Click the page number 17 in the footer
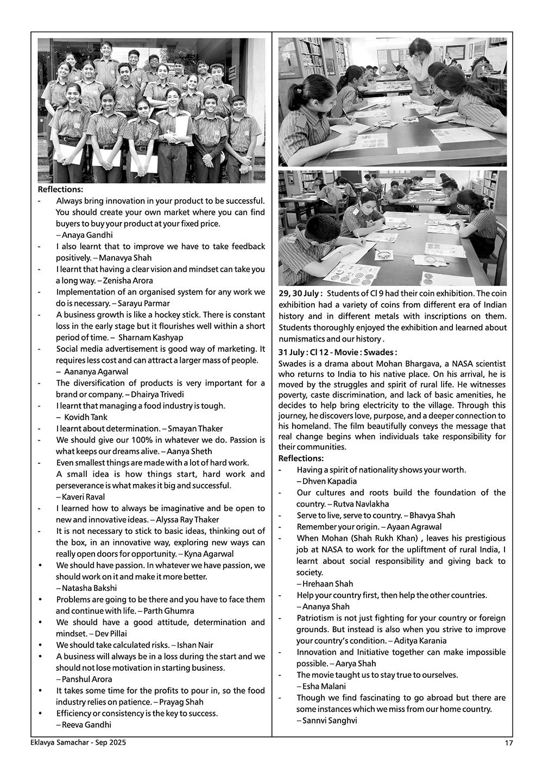pyautogui.click(x=509, y=743)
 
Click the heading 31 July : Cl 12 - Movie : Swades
pyautogui.click(x=337, y=352)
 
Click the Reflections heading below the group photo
pyautogui.click(x=61, y=190)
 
